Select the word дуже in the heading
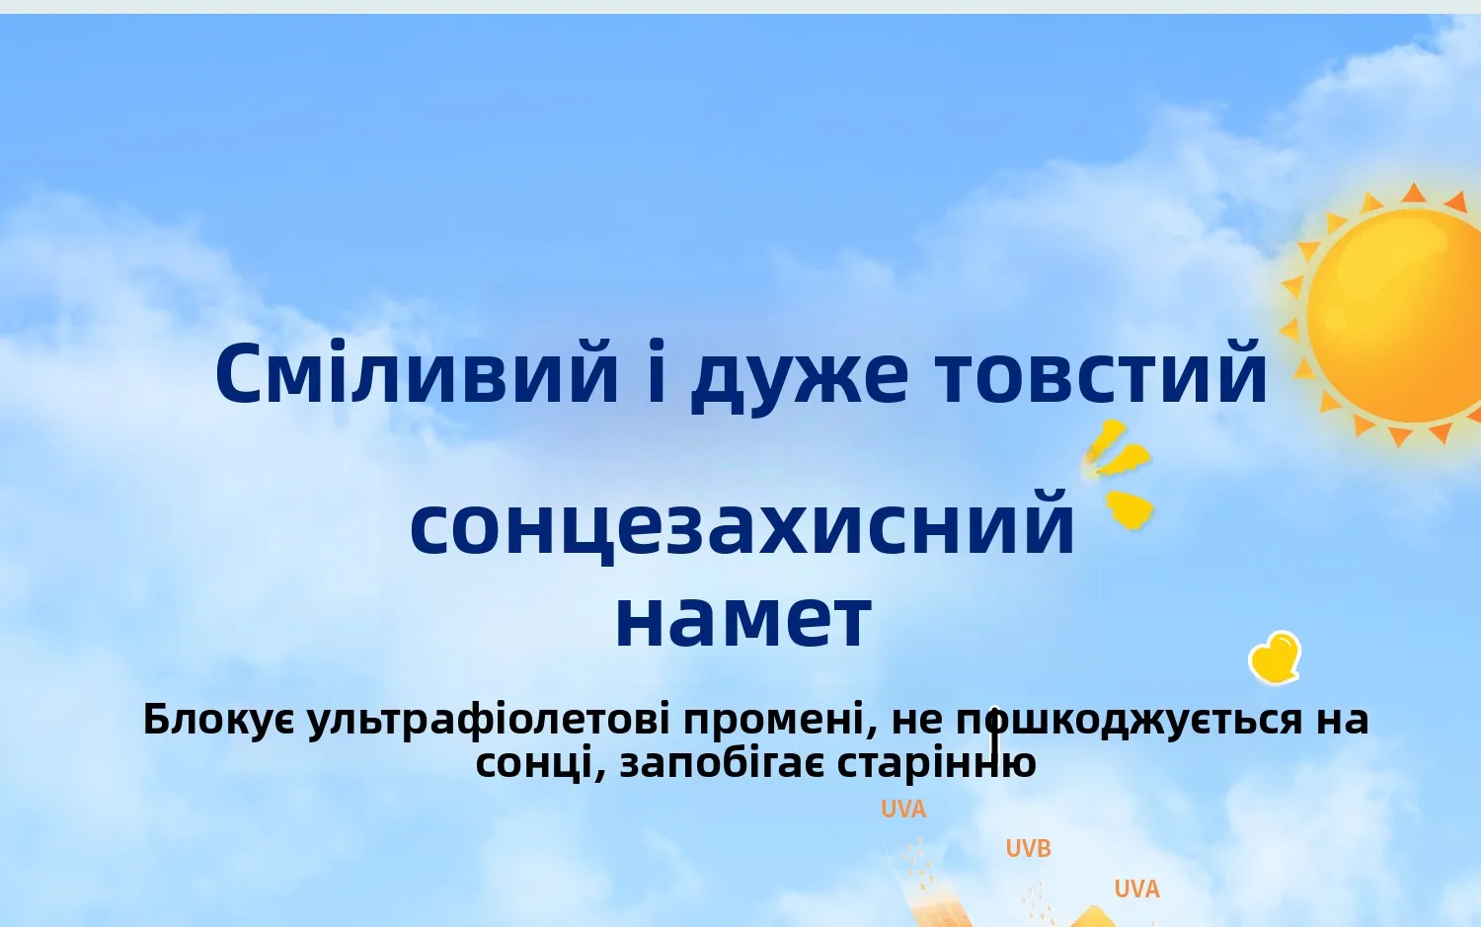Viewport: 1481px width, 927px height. (799, 378)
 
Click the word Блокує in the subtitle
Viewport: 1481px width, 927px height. (219, 720)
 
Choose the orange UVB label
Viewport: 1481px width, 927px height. (1028, 849)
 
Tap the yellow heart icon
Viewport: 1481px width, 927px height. (1275, 657)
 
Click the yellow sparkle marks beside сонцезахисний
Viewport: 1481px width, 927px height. (1119, 475)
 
